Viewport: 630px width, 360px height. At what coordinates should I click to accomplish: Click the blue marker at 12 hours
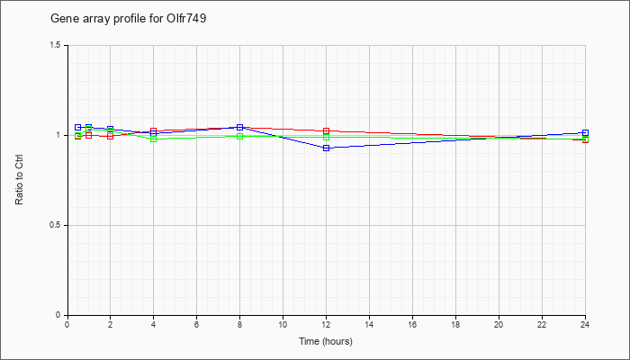326,148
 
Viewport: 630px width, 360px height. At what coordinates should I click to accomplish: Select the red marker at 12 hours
326,131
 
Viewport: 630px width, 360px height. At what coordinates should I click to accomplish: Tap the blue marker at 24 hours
585,132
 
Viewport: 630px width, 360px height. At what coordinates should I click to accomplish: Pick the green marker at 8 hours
240,136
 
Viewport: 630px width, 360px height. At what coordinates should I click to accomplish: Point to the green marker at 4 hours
154,139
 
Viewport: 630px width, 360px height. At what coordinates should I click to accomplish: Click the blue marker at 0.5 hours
78,128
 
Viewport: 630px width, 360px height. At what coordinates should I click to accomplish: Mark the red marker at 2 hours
110,136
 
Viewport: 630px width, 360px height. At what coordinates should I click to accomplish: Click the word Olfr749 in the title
186,19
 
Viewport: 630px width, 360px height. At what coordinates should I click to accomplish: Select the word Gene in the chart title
60,19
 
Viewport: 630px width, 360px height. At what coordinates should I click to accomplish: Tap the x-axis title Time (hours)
326,341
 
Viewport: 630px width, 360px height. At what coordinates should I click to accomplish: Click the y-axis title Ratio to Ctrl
19,180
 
